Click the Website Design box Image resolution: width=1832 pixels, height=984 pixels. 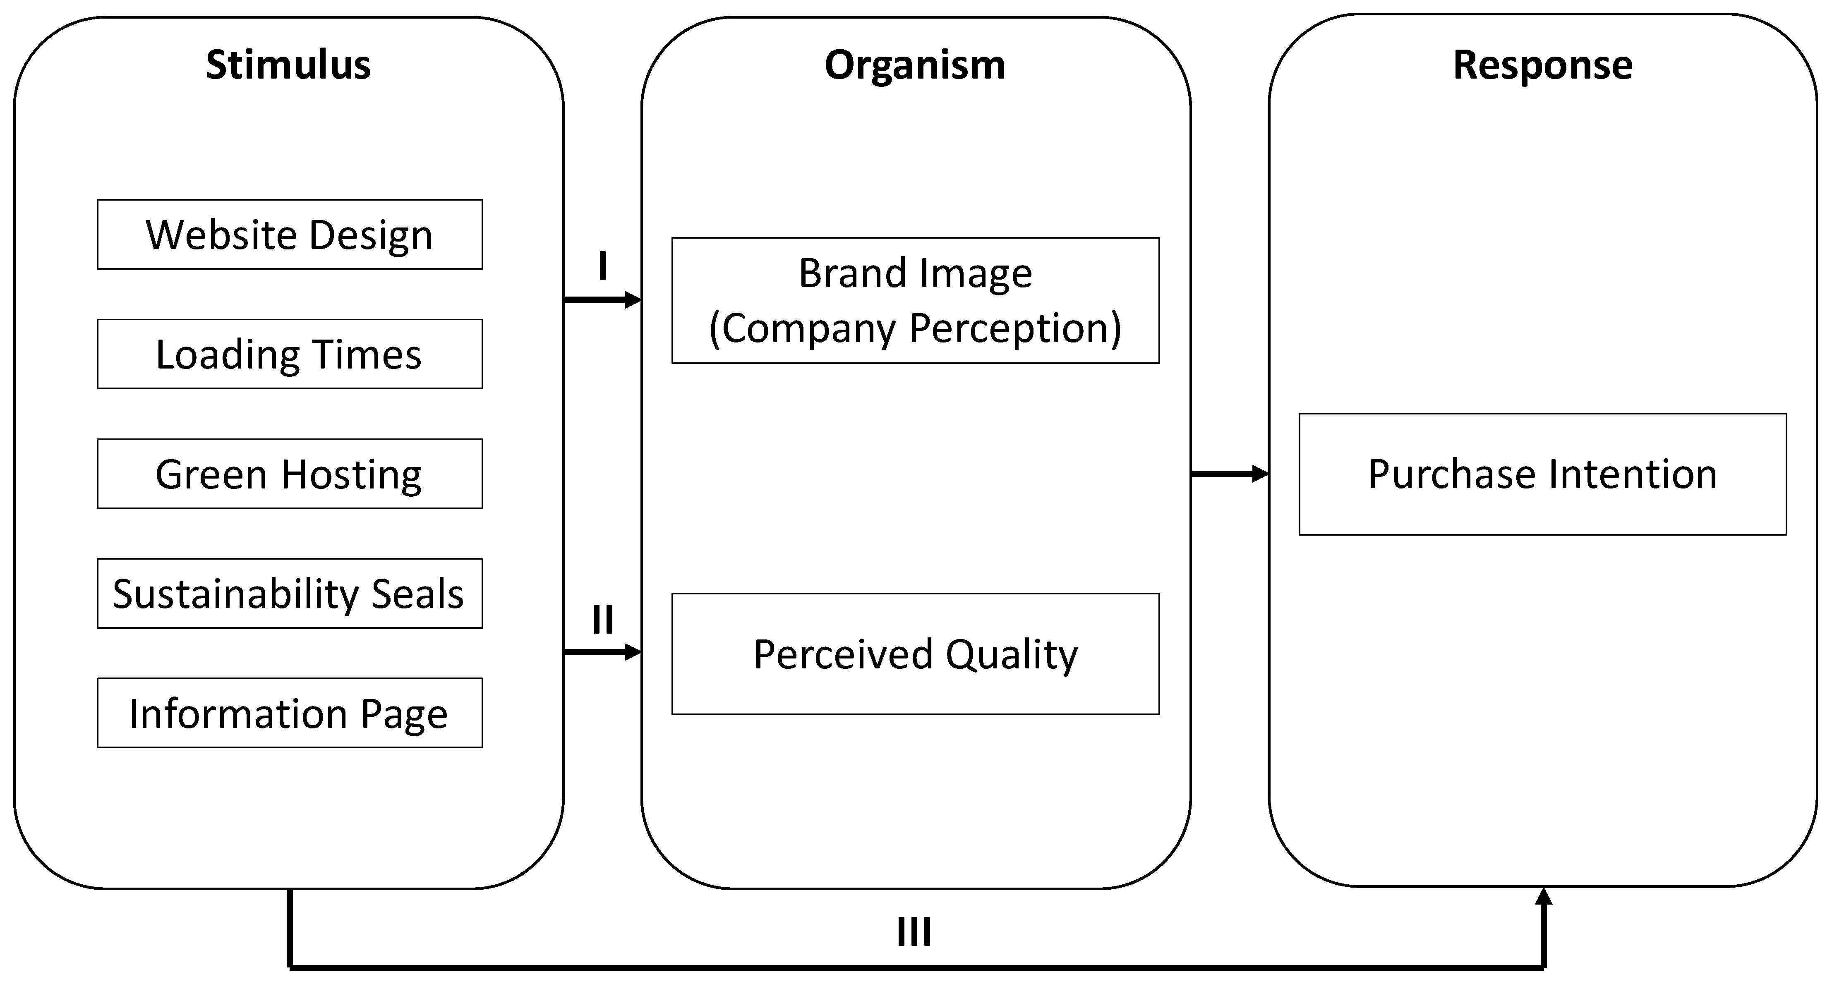[290, 235]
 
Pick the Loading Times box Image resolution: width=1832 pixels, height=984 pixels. [290, 354]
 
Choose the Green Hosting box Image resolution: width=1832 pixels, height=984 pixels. [290, 474]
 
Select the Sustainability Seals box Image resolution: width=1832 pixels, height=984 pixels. [290, 593]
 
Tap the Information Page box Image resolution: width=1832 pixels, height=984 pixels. [290, 712]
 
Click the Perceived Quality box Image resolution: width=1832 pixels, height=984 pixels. [915, 654]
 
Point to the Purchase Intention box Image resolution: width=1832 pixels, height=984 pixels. [1542, 474]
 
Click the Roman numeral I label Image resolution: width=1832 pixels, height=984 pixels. [602, 267]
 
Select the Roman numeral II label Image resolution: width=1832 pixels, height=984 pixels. [602, 619]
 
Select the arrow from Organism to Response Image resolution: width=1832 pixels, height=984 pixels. [1229, 474]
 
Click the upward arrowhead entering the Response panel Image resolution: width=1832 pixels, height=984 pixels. [1543, 897]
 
